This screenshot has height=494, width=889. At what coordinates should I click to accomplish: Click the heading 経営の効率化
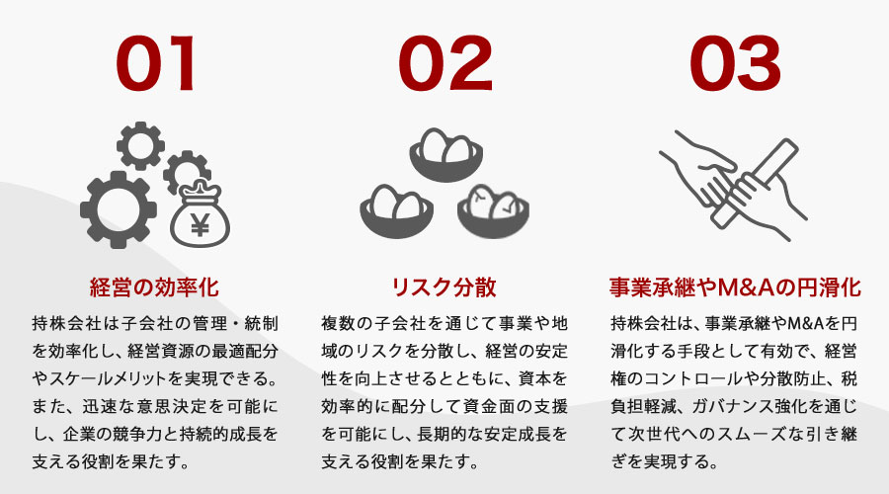(x=153, y=288)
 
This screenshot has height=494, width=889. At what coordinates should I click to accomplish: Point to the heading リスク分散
(x=444, y=288)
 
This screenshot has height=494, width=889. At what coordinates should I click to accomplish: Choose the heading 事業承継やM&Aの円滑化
(x=735, y=288)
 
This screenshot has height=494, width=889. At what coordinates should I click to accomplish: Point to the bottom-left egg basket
(x=395, y=209)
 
